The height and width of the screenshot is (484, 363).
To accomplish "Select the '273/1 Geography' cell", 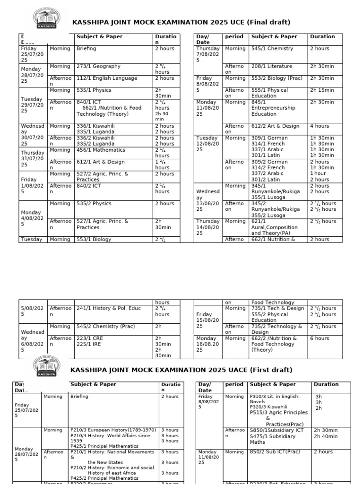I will click(x=99, y=67).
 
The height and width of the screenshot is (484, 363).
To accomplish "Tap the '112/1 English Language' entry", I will click(x=107, y=78).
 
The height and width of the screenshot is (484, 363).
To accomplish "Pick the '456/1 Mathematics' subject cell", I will click(x=101, y=150).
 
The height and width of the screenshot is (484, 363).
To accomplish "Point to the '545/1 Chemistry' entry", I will click(x=272, y=49).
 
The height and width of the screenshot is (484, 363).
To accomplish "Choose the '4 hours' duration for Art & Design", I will click(x=320, y=126).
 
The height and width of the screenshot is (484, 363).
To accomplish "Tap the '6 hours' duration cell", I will click(x=320, y=338).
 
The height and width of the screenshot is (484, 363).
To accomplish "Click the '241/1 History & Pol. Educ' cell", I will click(x=109, y=309).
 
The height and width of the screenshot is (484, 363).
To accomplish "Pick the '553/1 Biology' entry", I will click(x=95, y=239).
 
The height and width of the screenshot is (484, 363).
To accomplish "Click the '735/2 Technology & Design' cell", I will click(x=277, y=329).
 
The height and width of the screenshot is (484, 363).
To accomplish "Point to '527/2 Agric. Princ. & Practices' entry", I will click(x=102, y=177).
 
